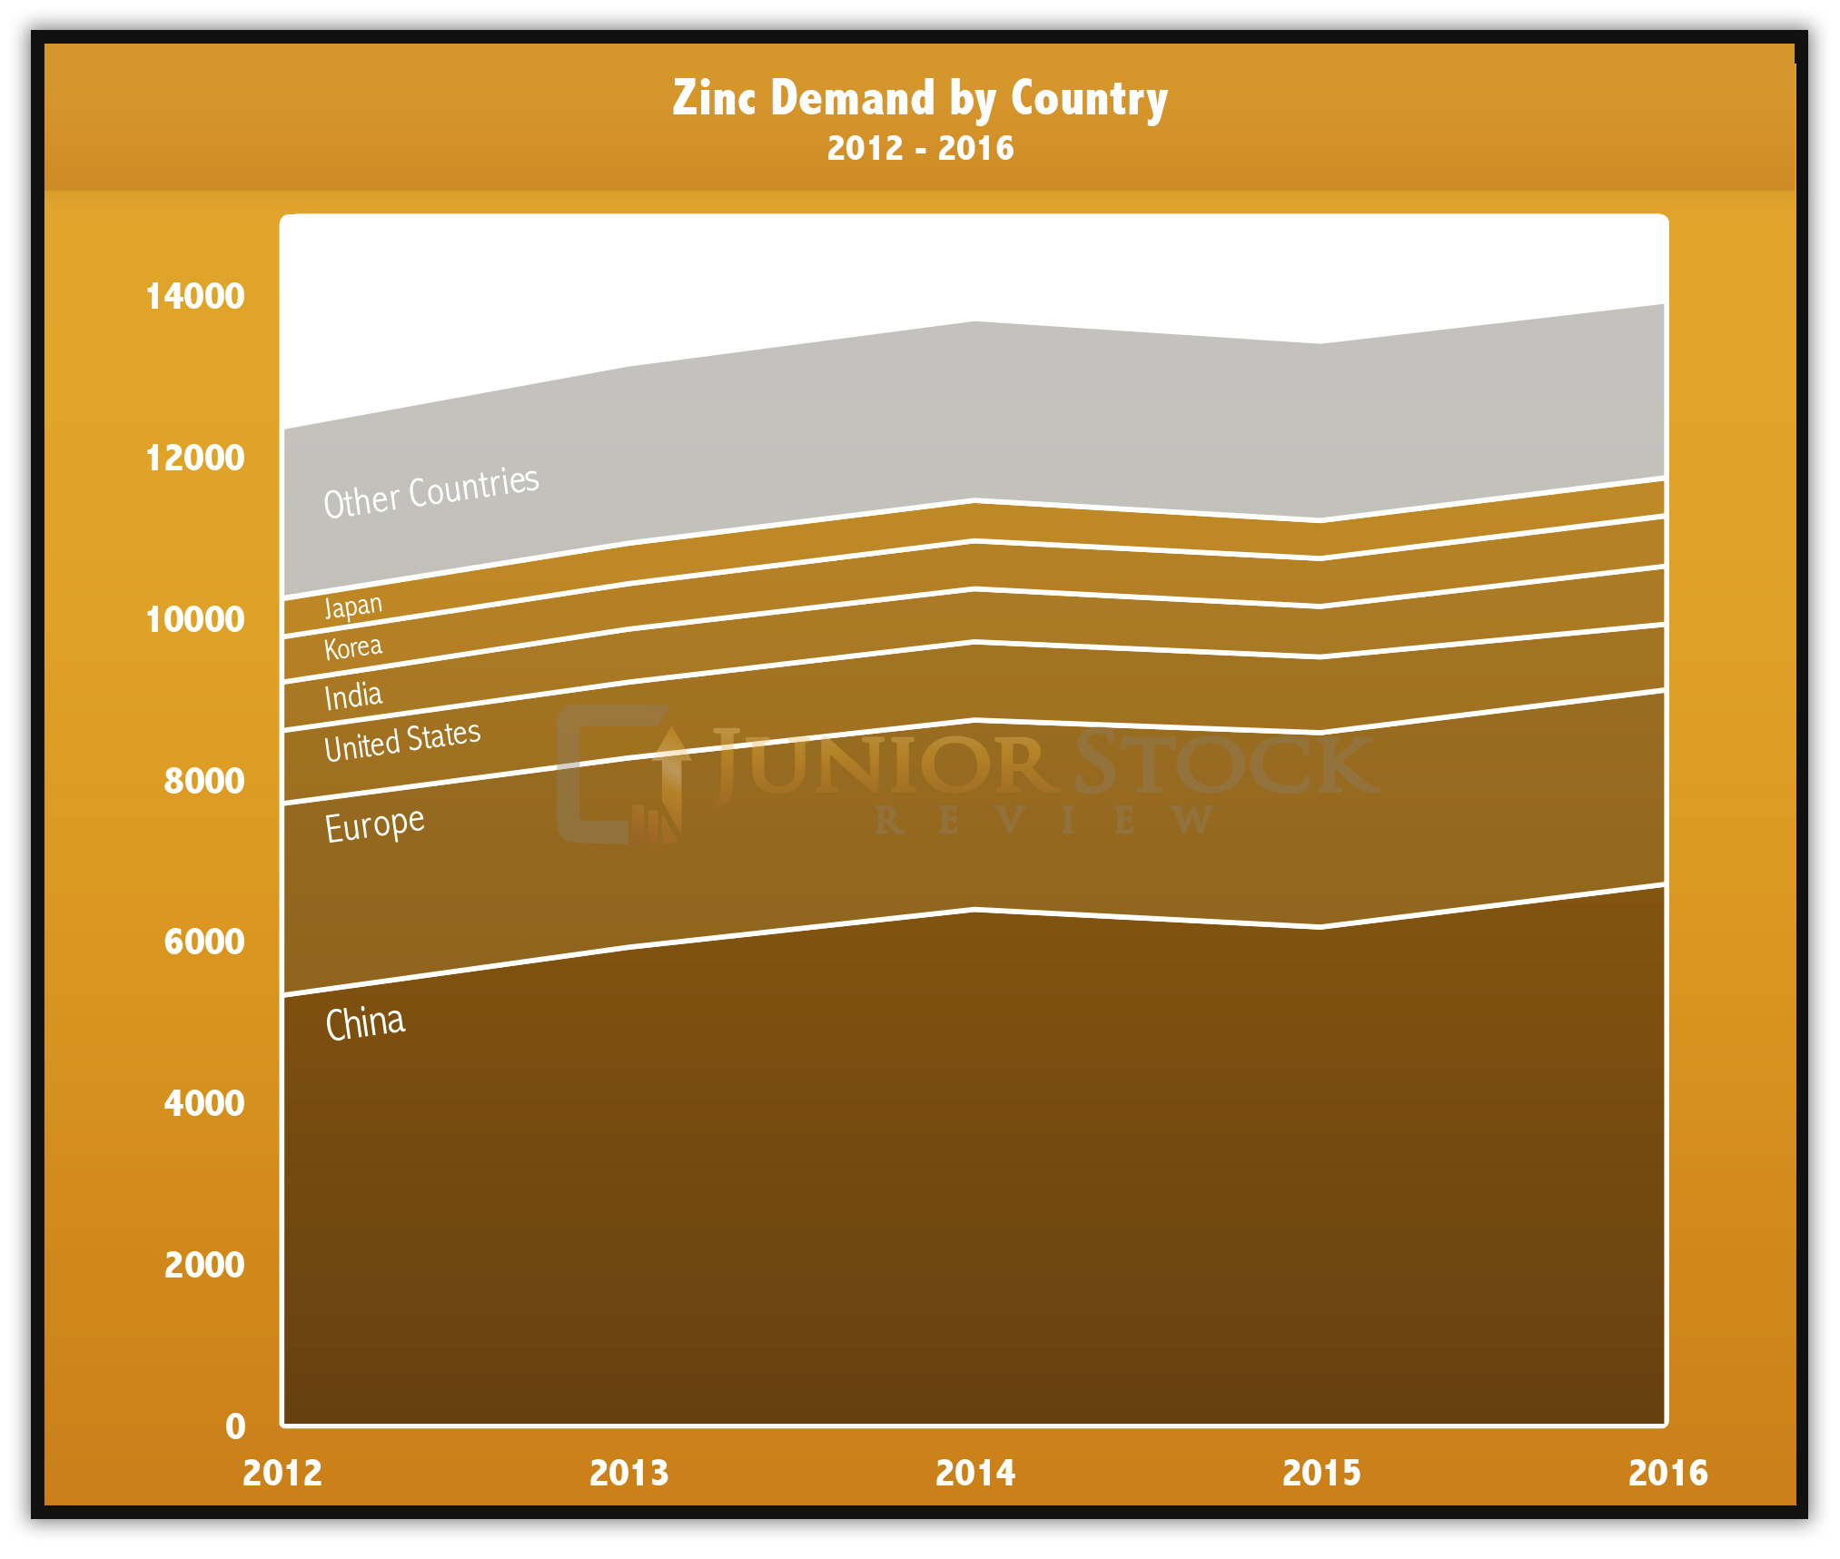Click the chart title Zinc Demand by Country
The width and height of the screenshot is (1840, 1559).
pos(919,98)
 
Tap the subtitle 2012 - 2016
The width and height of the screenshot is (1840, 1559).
pos(919,148)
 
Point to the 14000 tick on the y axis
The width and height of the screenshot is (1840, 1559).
pos(195,296)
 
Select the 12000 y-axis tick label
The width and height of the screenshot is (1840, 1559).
pos(195,458)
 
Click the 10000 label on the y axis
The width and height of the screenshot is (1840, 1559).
pos(195,619)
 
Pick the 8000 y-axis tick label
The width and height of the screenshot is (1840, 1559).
pos(204,781)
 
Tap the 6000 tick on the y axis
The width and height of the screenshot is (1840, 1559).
pos(204,942)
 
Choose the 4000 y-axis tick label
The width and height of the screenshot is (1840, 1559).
pos(204,1103)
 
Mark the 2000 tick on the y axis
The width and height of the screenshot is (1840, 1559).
pos(204,1265)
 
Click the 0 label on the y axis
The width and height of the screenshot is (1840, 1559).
pos(235,1426)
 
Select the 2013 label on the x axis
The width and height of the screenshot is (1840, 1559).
pos(628,1474)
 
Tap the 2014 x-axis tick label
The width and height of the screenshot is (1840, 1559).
pos(975,1474)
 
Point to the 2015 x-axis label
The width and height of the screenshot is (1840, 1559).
pos(1321,1474)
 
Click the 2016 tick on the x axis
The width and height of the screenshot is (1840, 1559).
pos(1667,1474)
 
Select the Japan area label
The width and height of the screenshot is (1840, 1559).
pos(353,606)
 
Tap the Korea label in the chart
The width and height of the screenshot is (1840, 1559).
pos(353,647)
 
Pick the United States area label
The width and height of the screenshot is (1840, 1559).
pos(402,741)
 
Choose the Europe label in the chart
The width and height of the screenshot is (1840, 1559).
pos(374,824)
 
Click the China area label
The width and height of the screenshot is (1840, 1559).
pos(365,1023)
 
